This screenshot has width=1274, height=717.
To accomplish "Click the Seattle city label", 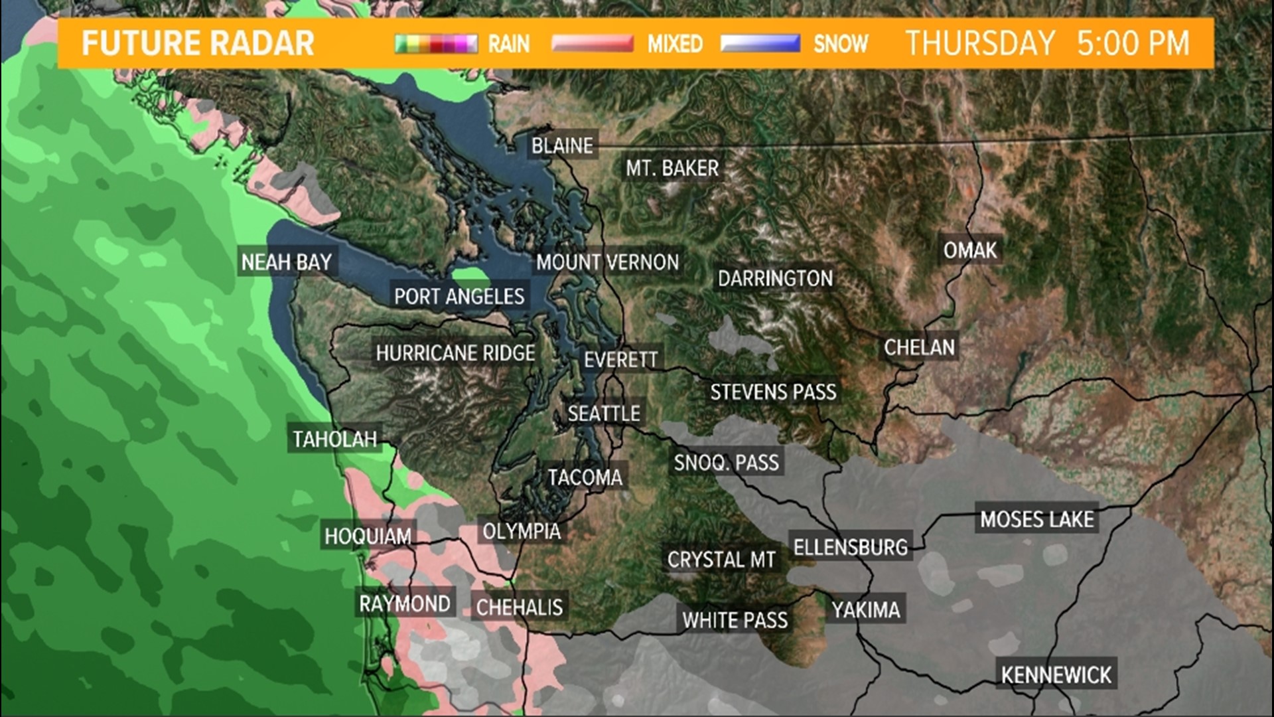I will [604, 414].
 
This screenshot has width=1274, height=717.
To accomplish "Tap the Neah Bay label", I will [287, 262].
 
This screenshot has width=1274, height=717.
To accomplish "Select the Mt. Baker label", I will [672, 169].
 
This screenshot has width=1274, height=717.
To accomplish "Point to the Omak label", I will [970, 250].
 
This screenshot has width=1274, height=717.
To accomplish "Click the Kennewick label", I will [1056, 675].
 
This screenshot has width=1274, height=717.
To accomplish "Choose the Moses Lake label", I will [1037, 519].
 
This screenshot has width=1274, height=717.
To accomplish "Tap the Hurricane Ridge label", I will [455, 353].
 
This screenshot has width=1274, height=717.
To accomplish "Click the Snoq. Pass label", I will [726, 463].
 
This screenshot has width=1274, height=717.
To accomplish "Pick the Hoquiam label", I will [368, 536].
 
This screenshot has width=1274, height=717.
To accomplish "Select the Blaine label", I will [562, 146].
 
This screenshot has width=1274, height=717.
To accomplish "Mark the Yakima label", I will [866, 610].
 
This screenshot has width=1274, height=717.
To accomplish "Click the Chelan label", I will [919, 347].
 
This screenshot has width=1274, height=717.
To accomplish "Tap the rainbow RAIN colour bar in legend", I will [436, 44].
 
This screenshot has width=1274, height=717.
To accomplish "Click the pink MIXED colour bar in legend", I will [593, 44].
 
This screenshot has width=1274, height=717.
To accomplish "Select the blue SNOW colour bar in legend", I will [760, 44].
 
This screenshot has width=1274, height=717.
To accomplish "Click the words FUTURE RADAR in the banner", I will [198, 44].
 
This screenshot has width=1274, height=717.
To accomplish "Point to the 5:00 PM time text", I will [1133, 44].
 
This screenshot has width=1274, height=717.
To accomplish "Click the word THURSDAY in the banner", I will [980, 44].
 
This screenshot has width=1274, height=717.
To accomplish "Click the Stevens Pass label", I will [773, 392].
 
